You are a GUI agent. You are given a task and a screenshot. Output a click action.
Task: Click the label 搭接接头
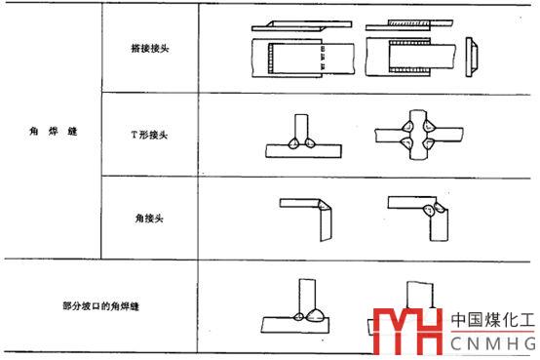150,48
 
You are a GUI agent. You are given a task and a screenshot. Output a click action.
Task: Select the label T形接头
149,135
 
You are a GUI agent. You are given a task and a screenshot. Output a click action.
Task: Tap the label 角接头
149,219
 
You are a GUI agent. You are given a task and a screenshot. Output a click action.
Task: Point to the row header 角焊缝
53,131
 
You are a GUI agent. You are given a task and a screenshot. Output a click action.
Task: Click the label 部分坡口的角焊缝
100,306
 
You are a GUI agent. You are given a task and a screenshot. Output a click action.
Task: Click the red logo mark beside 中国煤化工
407,332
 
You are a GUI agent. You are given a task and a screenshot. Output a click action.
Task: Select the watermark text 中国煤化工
493,320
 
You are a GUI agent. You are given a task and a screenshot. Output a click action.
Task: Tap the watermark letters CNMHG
493,343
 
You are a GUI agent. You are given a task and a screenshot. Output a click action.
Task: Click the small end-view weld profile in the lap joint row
471,57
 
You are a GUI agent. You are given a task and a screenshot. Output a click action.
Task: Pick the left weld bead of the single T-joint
293,143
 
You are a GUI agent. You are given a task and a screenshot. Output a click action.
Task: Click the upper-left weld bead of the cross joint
408,126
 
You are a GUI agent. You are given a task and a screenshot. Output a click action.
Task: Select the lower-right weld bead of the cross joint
429,142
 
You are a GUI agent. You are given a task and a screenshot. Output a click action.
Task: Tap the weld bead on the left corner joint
324,205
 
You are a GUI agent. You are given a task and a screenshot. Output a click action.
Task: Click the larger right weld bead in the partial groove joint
316,315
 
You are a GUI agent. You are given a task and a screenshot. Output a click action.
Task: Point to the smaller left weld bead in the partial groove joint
298,316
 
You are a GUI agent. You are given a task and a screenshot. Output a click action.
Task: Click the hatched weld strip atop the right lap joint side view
408,23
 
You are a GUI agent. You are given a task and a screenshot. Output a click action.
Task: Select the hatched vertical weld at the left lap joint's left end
270,58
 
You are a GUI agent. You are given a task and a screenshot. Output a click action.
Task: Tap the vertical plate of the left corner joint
326,224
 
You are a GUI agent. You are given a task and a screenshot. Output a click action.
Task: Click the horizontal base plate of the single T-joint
303,151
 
